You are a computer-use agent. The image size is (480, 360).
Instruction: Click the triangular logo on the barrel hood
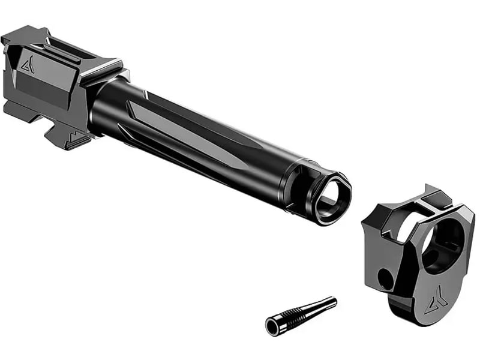(x=28, y=65)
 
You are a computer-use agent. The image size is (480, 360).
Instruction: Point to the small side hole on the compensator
(x=383, y=278)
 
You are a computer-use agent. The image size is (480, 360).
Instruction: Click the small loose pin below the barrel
(x=300, y=315)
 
